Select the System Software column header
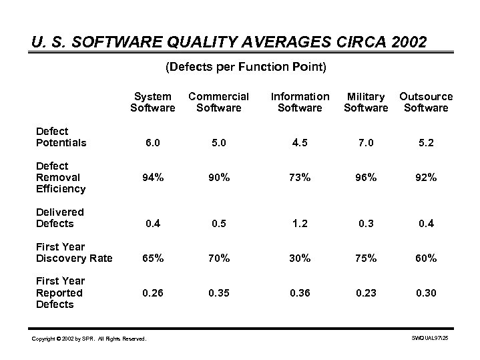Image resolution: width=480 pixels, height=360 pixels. tap(152, 102)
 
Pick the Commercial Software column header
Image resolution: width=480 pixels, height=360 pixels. tap(218, 102)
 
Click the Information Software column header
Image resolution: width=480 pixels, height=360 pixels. tap(300, 102)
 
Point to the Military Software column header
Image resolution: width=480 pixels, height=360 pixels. tap(366, 102)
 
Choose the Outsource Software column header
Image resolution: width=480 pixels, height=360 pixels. tap(426, 102)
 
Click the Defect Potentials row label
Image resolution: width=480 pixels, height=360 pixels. tap(61, 137)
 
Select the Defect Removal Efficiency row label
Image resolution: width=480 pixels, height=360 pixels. tap(61, 177)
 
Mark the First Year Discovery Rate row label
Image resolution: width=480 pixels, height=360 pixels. tap(74, 252)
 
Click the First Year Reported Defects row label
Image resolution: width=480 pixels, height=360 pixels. tap(60, 293)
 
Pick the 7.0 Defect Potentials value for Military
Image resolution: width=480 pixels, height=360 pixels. tap(366, 143)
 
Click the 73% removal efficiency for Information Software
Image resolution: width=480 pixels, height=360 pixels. tap(299, 178)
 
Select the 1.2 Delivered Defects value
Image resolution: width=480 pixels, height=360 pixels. tap(299, 224)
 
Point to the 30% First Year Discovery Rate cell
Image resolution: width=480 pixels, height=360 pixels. tap(299, 258)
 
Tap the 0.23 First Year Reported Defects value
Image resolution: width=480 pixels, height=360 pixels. tap(366, 293)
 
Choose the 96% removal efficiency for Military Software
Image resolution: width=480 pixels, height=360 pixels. tap(366, 178)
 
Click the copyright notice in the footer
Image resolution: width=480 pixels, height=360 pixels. tap(88, 339)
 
